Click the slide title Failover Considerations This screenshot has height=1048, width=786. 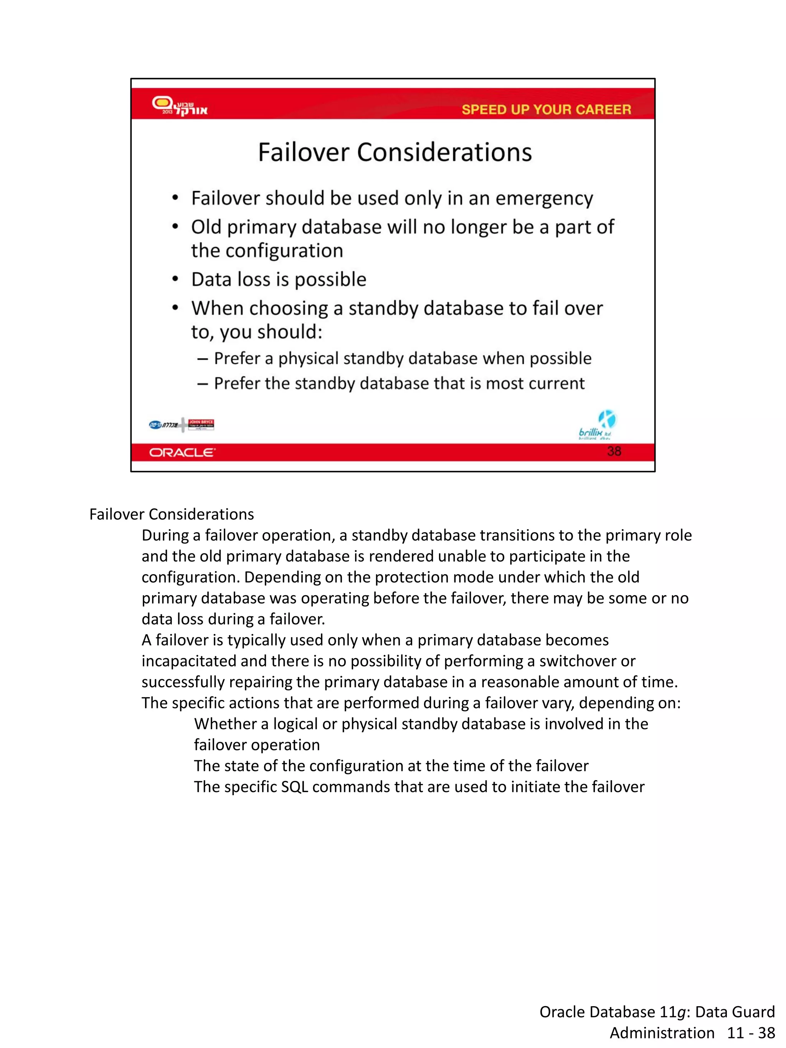pyautogui.click(x=395, y=153)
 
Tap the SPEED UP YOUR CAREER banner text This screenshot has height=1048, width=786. pyautogui.click(x=546, y=109)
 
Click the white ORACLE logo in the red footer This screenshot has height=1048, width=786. pyautogui.click(x=182, y=452)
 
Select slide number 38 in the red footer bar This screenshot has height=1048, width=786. pyautogui.click(x=614, y=451)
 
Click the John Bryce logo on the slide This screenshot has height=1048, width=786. pyautogui.click(x=201, y=424)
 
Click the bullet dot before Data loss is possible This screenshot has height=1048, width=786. pyautogui.click(x=175, y=279)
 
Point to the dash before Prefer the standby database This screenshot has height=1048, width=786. pyautogui.click(x=203, y=383)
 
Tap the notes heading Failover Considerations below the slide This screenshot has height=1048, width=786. pyautogui.click(x=172, y=514)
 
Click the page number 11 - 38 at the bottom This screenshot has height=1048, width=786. pyautogui.click(x=751, y=1032)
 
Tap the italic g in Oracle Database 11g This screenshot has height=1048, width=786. pyautogui.click(x=681, y=1012)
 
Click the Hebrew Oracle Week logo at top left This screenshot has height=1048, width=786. pyautogui.click(x=179, y=106)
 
